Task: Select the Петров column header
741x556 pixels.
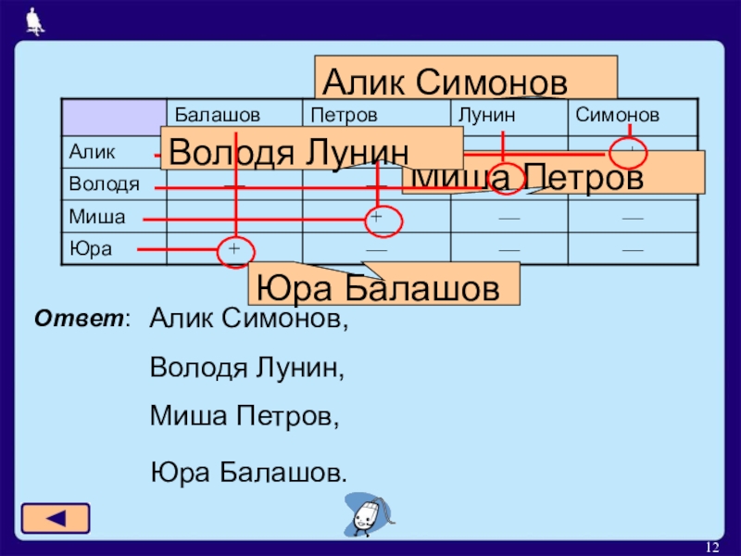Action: [x=344, y=116]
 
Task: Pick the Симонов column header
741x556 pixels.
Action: [x=617, y=116]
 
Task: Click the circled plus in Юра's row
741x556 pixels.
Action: [x=234, y=250]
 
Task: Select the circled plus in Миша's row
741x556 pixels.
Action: [x=377, y=218]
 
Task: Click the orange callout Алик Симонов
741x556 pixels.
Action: [x=466, y=78]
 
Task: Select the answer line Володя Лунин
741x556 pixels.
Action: [x=246, y=368]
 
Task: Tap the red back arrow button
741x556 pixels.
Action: [x=56, y=518]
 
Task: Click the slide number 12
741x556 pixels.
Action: [x=713, y=544]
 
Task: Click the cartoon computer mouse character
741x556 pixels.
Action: [x=368, y=515]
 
